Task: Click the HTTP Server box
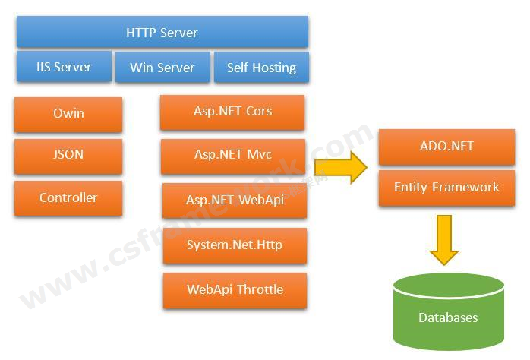coord(162,33)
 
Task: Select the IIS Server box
coord(64,67)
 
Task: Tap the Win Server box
coord(162,67)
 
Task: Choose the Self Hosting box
coord(261,67)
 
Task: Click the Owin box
coord(68,114)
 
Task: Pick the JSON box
coord(68,155)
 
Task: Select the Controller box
coord(68,197)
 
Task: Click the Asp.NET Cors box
coord(232,112)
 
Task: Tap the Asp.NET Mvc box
coord(232,156)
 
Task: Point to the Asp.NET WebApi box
coord(235,200)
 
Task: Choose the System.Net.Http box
coord(235,245)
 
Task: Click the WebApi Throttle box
coord(235,289)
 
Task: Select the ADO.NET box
coord(446,147)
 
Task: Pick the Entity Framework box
coord(446,188)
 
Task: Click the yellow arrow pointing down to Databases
coord(444,238)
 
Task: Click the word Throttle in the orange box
coord(260,289)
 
